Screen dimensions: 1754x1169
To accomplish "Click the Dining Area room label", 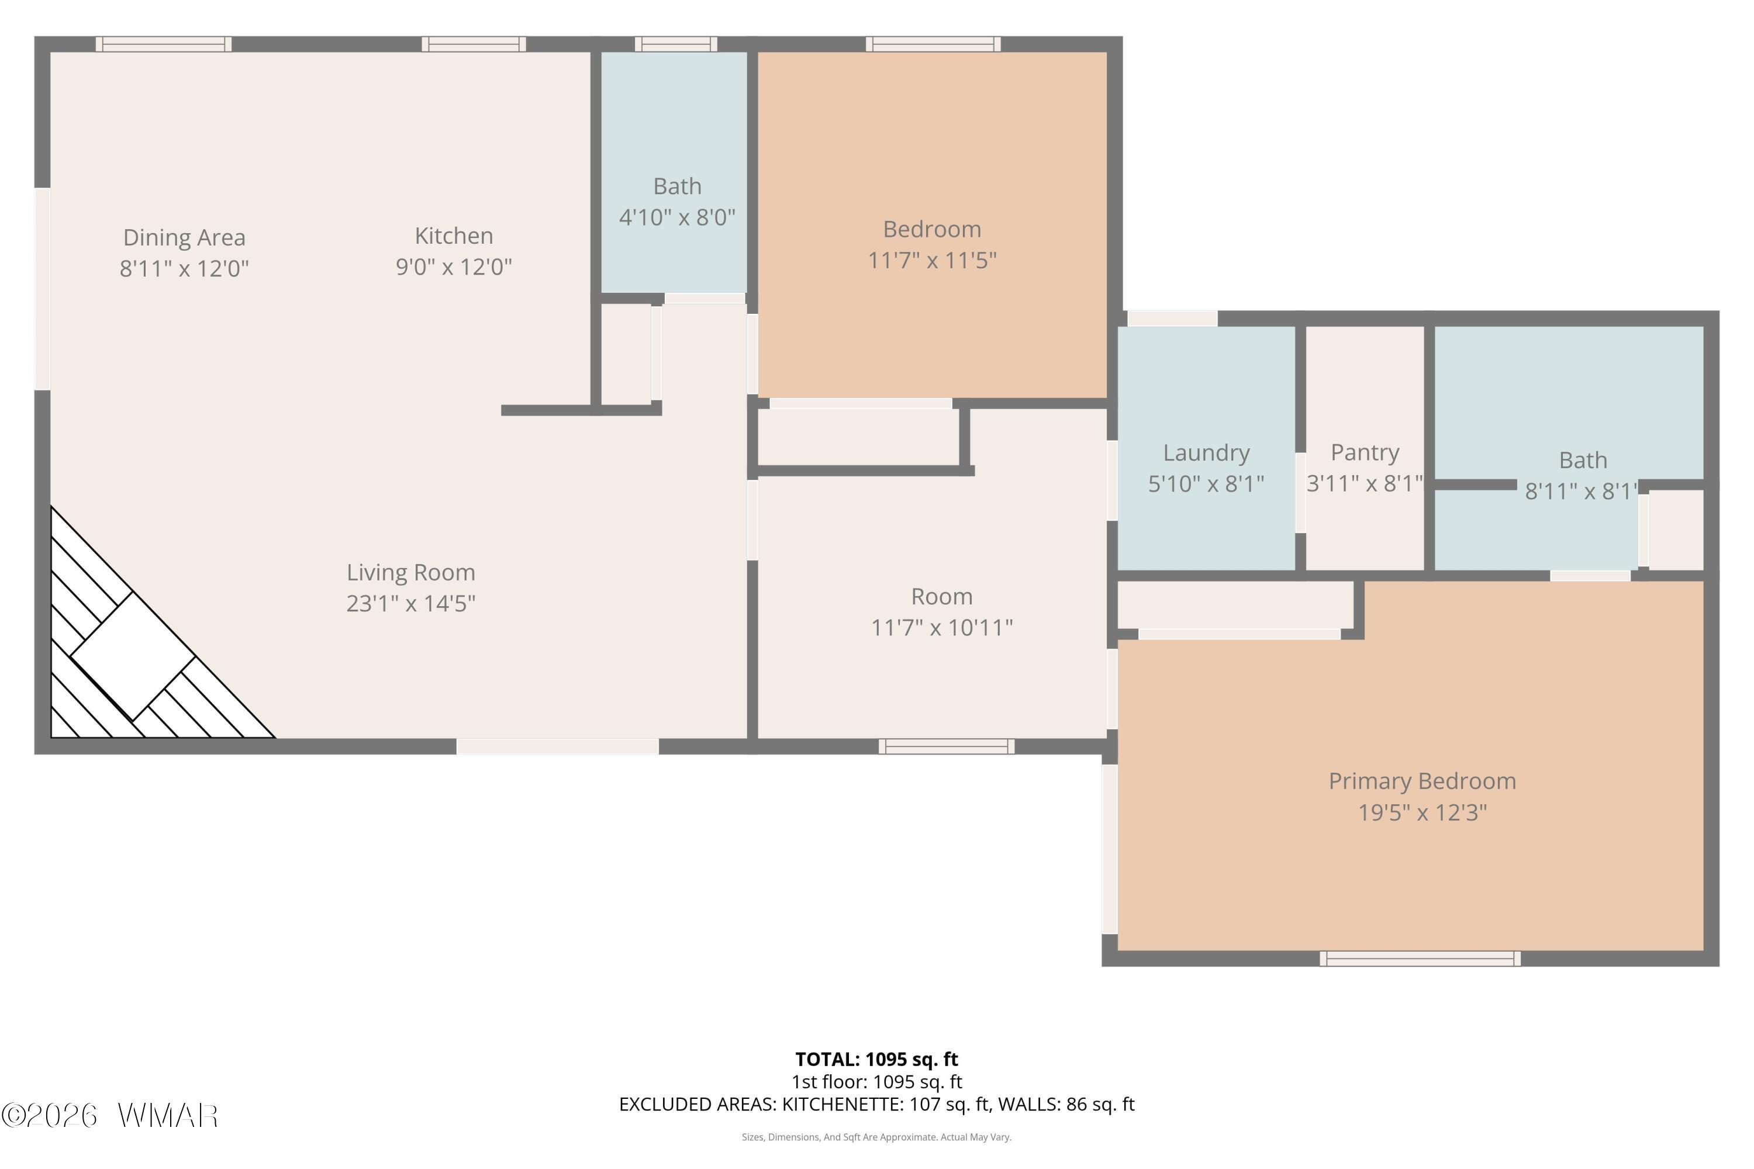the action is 184,238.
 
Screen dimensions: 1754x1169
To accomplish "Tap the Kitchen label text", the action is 454,236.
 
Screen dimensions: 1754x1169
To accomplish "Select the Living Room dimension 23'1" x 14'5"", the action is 411,603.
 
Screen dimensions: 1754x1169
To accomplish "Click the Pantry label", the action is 1365,452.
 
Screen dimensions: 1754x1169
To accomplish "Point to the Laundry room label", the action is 1206,452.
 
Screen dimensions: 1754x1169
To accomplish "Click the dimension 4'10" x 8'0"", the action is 677,217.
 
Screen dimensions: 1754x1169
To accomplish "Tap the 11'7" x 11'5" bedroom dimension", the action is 932,260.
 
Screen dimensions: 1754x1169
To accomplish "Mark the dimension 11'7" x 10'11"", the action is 942,628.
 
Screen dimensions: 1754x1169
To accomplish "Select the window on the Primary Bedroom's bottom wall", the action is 1420,959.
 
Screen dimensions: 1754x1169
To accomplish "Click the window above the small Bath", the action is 676,44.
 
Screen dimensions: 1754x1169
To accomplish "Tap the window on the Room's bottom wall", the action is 947,746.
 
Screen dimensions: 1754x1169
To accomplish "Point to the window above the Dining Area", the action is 163,44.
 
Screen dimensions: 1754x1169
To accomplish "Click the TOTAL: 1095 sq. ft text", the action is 876,1059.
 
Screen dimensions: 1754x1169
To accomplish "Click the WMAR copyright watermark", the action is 110,1116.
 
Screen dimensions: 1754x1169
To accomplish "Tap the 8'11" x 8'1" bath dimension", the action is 1581,492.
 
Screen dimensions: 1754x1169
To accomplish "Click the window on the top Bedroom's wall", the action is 933,44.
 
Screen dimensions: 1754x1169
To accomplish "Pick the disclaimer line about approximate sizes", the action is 876,1137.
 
